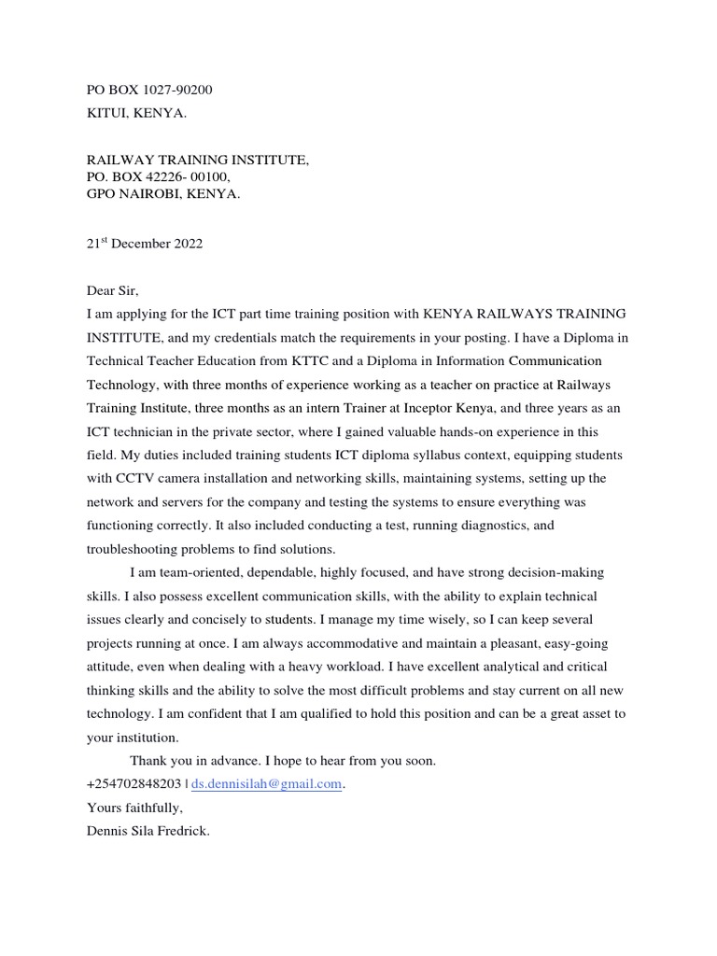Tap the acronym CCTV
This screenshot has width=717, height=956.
coord(135,478)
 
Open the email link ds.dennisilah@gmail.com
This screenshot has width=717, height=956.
coord(266,785)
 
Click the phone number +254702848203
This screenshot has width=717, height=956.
coord(133,785)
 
